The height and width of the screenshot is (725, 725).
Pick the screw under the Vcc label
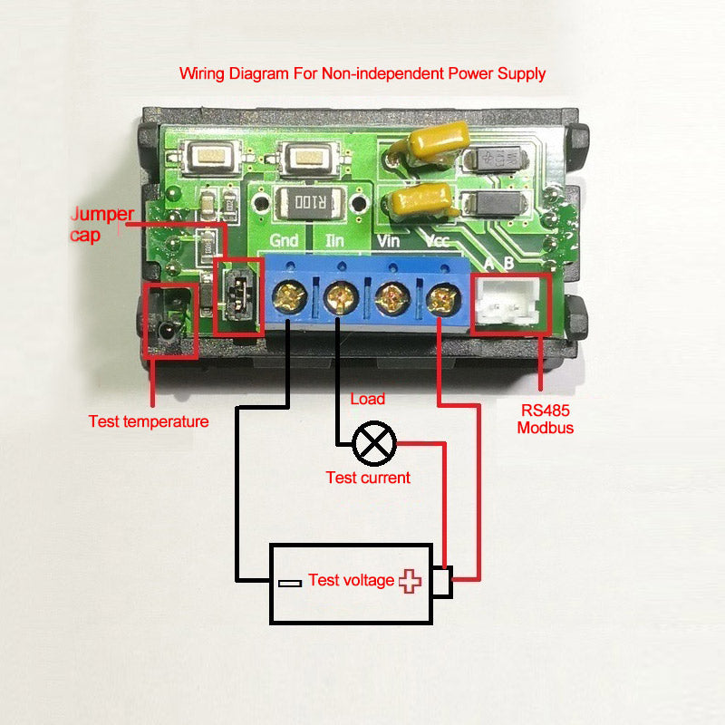440,295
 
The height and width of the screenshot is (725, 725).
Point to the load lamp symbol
374,442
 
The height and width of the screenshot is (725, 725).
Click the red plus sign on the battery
411,581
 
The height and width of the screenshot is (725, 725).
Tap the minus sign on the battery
290,583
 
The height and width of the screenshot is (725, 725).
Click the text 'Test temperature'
149,421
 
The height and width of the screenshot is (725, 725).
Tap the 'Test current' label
368,478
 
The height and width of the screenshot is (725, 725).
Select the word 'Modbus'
546,428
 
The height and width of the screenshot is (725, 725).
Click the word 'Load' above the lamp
367,399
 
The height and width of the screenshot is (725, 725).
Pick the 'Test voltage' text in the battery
351,580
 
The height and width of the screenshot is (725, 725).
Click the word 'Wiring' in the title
201,73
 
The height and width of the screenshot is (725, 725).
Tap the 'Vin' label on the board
387,242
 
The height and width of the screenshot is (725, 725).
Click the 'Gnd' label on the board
285,242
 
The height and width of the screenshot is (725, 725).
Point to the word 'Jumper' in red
102,215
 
